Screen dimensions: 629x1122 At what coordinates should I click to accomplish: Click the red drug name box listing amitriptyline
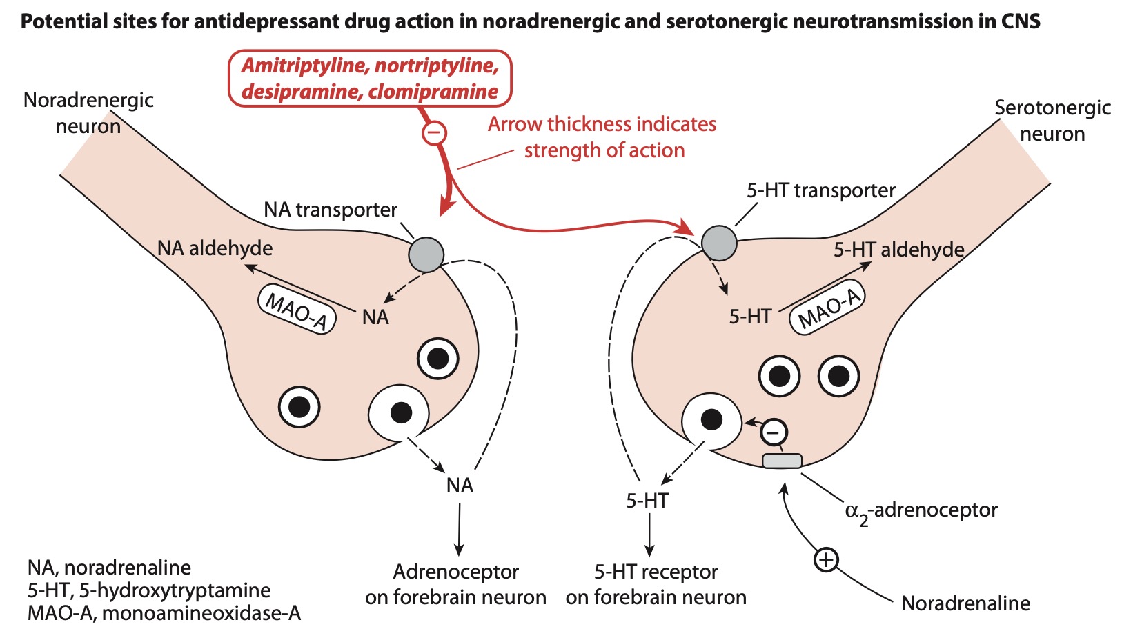[370, 78]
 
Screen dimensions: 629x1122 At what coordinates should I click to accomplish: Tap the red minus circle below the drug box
[434, 132]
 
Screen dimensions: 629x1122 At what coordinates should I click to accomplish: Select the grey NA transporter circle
[426, 254]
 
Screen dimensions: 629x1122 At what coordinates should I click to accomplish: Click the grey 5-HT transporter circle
[719, 243]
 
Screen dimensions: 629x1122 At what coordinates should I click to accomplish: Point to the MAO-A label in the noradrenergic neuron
[297, 310]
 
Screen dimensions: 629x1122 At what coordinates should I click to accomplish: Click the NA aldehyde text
[215, 248]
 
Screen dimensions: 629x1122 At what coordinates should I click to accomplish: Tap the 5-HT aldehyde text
[898, 250]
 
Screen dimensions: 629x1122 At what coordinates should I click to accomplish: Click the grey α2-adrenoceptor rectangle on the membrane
[782, 461]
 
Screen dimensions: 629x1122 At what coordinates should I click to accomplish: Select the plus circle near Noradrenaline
[826, 559]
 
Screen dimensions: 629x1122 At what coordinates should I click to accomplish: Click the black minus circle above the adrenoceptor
[774, 433]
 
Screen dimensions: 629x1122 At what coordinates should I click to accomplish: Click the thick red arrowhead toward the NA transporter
[446, 204]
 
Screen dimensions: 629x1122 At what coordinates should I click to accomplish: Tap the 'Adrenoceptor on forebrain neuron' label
[455, 584]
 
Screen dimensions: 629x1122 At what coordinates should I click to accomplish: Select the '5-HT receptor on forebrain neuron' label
[656, 584]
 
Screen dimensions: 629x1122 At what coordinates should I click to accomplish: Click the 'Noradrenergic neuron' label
[88, 112]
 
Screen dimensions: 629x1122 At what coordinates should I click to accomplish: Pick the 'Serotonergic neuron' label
[1052, 120]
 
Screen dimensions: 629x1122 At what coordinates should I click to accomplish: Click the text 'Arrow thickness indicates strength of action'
[602, 137]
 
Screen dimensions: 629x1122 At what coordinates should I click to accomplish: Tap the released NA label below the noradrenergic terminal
[460, 486]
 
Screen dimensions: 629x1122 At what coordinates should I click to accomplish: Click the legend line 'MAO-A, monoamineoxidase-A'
[164, 613]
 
